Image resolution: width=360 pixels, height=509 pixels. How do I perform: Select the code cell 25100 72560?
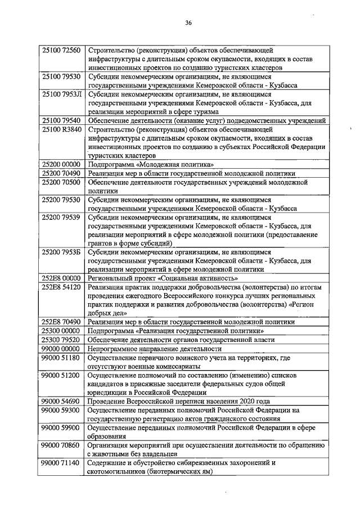point(61,51)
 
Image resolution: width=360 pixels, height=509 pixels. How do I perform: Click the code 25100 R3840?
point(61,129)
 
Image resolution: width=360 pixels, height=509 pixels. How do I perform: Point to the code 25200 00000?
point(61,164)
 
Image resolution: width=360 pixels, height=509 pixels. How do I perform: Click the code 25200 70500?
point(61,182)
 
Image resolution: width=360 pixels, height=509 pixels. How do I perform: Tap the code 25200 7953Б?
point(61,253)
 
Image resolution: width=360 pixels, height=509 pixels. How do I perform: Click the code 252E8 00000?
point(61,278)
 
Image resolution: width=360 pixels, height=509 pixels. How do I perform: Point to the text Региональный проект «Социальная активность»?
point(164,278)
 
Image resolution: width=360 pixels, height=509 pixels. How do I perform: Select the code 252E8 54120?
point(61,287)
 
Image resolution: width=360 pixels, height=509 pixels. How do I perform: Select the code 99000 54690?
point(61,401)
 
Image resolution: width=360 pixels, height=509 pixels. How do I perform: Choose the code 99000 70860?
point(61,445)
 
